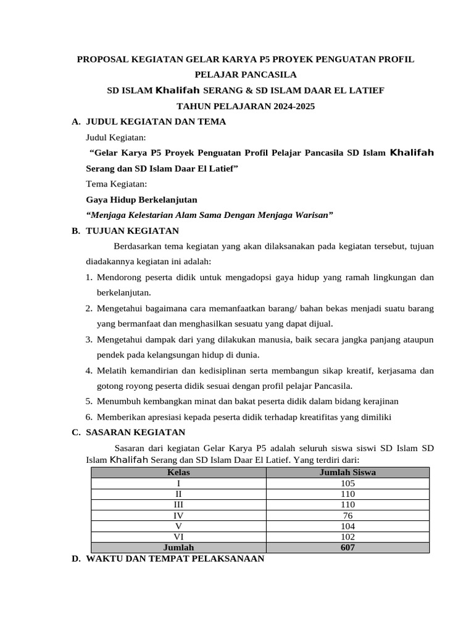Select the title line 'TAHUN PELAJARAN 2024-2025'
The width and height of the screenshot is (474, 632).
click(x=246, y=106)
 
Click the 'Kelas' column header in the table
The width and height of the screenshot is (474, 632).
click(x=178, y=473)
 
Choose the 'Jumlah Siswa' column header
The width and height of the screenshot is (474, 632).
click(x=347, y=473)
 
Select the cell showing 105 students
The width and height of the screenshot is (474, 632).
click(x=347, y=484)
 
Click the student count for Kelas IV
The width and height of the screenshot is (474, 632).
click(x=347, y=515)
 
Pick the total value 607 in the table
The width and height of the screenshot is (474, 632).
click(x=347, y=547)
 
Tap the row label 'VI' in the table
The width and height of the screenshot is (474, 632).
click(x=178, y=537)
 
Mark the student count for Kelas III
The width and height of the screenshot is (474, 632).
click(x=347, y=505)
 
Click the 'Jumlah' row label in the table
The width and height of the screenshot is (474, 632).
click(x=178, y=547)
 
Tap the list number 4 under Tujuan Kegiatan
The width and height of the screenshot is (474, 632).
click(x=89, y=370)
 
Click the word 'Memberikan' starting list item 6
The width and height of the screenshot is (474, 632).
click(x=120, y=417)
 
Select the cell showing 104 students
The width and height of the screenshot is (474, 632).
click(x=347, y=526)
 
